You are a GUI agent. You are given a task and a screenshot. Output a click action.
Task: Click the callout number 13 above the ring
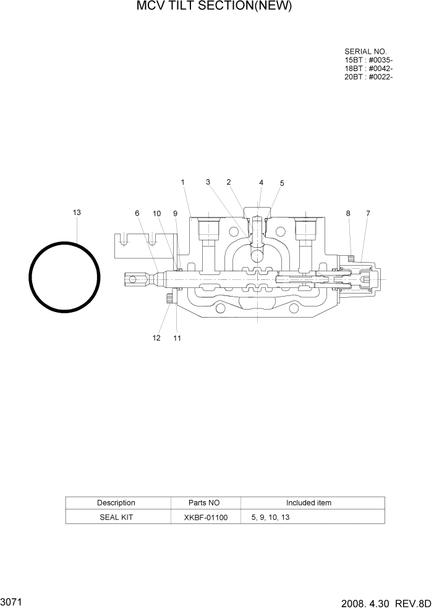point(77,213)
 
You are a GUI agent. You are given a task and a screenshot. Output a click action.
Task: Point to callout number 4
point(261,182)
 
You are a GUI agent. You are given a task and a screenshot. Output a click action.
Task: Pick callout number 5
point(282,183)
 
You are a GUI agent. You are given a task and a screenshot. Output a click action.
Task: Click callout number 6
point(137,213)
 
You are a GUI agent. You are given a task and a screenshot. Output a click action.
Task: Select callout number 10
point(157,213)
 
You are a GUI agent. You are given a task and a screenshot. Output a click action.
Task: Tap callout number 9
point(175,213)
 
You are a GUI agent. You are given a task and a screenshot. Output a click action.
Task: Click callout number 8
point(348,213)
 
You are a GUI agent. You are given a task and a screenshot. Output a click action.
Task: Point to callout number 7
point(368,213)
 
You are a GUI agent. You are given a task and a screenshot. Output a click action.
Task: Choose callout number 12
point(156,338)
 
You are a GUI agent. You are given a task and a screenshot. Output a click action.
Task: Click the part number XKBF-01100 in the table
point(205,517)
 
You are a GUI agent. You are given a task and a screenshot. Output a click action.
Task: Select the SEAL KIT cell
point(116,517)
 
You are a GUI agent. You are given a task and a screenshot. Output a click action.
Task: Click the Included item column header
point(308,503)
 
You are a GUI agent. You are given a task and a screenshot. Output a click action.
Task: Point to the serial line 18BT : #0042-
point(368,69)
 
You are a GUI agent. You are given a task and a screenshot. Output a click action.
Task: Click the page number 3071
point(12,601)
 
